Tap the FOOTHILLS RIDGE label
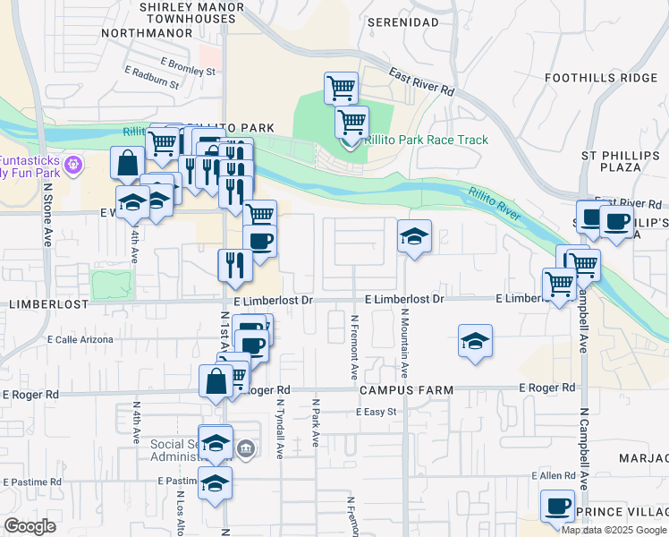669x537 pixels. click(x=601, y=78)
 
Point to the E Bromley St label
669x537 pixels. click(x=188, y=65)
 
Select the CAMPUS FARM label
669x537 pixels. click(x=406, y=390)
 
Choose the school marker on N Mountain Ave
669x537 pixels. click(x=414, y=237)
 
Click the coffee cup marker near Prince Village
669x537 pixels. click(x=557, y=506)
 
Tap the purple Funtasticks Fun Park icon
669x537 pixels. click(x=73, y=165)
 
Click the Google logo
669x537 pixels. click(x=30, y=527)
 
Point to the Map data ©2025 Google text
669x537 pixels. click(x=614, y=530)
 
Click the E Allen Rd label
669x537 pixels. click(x=552, y=476)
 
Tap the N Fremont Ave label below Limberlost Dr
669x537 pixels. click(x=354, y=345)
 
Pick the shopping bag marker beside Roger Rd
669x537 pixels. click(x=216, y=381)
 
